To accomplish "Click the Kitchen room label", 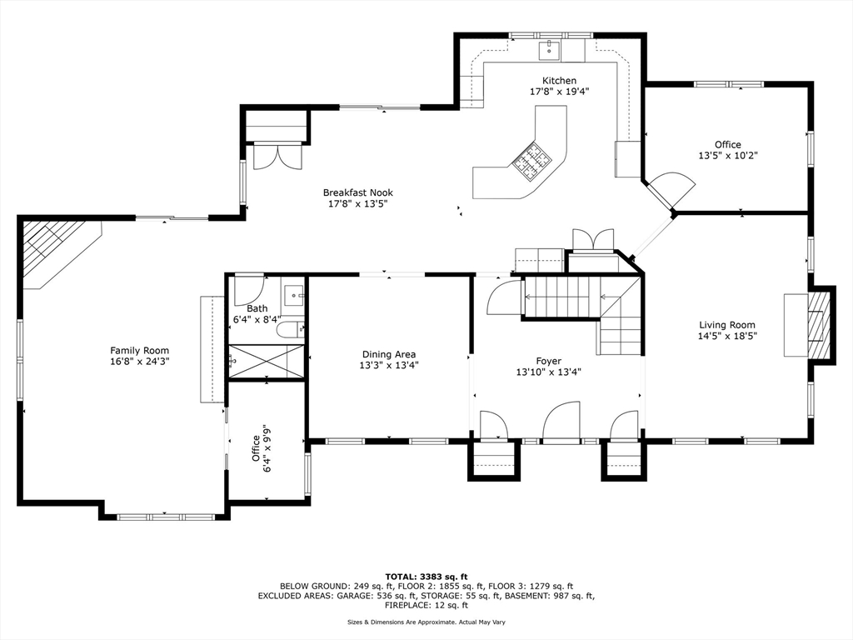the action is (x=559, y=81).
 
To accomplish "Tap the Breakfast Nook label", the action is (x=358, y=192).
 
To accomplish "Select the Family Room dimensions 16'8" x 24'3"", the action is (x=140, y=362).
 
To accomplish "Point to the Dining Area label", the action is (x=389, y=355).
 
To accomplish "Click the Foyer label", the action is (x=548, y=362).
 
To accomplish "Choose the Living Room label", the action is (x=727, y=326).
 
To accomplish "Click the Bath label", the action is (x=257, y=308).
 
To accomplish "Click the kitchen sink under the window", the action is (x=550, y=51).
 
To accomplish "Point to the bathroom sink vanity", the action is (x=294, y=296).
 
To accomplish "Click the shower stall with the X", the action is (x=266, y=361).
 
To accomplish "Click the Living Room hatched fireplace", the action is (x=820, y=325).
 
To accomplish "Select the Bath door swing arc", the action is (x=249, y=291).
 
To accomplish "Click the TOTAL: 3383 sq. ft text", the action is (x=426, y=577).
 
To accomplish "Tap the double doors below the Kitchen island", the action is (x=592, y=240).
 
